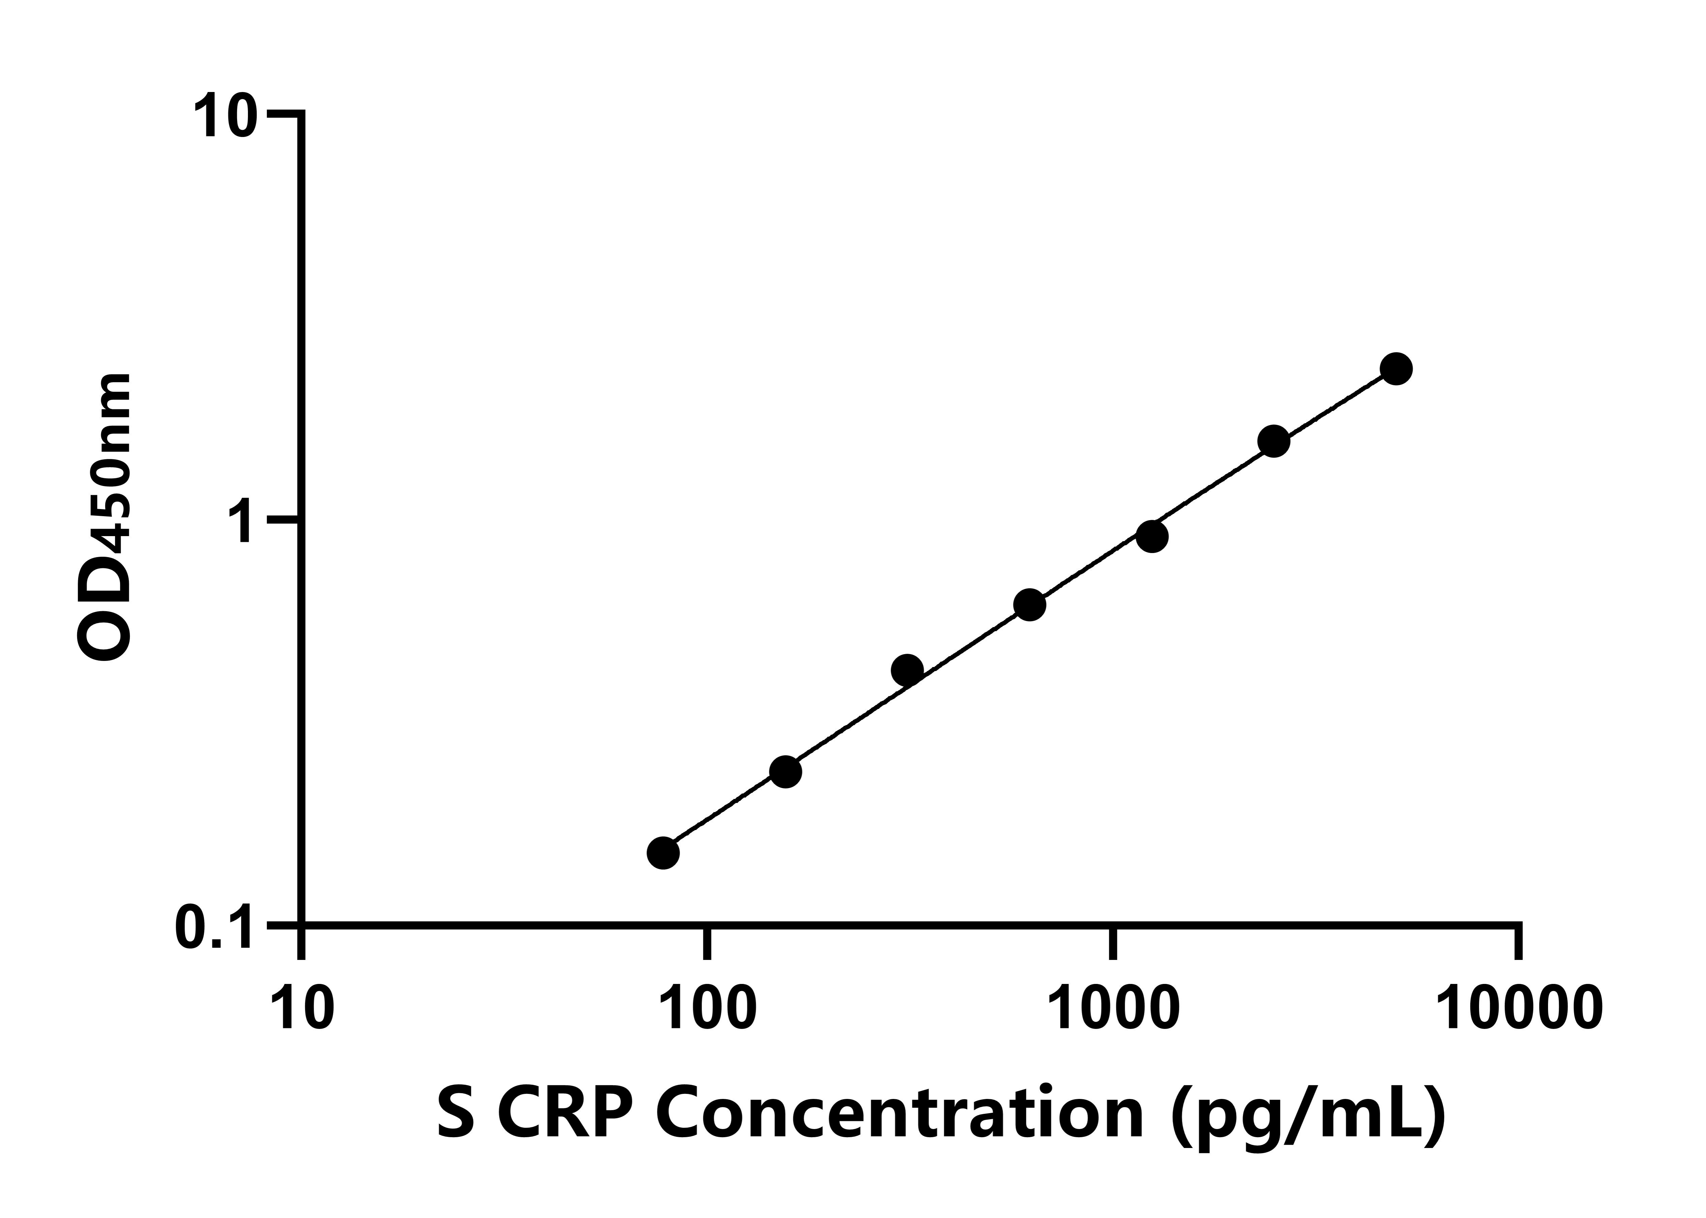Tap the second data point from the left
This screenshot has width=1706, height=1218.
pyautogui.click(x=785, y=772)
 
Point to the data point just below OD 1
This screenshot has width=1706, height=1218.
pyautogui.click(x=1152, y=536)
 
